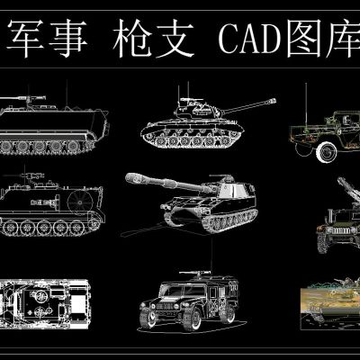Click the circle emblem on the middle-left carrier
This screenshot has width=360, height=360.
tap(78, 199)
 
